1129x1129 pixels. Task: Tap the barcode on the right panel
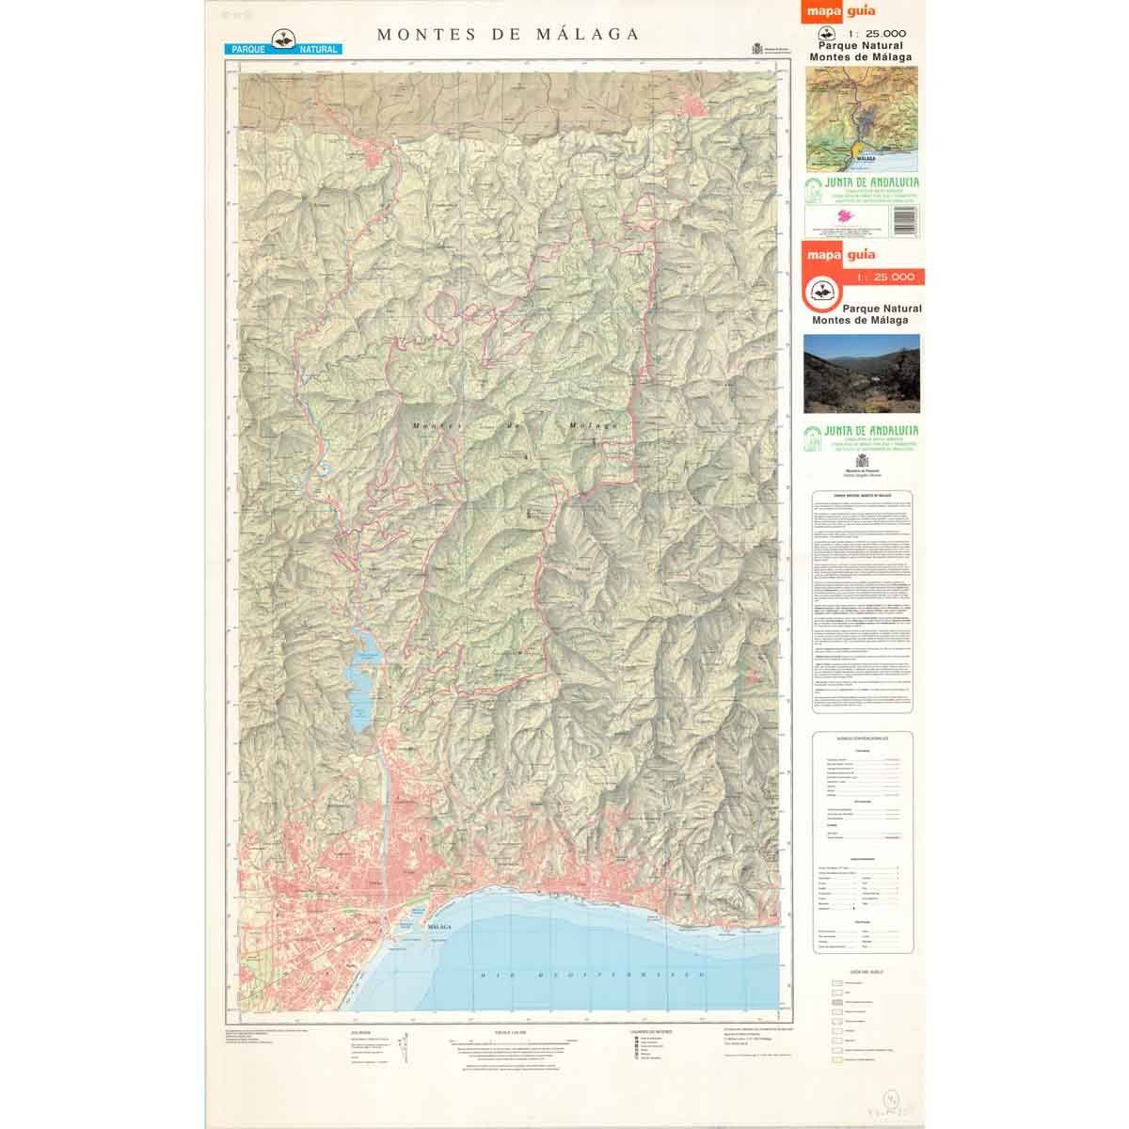[x=902, y=220]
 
